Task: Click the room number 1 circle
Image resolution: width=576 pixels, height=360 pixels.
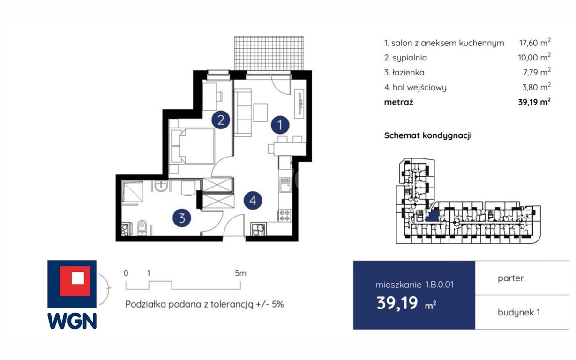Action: (280, 125)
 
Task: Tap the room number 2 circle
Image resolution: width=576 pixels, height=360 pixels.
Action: (221, 120)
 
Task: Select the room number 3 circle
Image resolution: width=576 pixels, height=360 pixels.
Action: (182, 218)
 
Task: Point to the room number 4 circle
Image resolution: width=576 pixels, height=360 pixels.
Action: (253, 200)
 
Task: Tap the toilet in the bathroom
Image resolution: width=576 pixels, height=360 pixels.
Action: (142, 227)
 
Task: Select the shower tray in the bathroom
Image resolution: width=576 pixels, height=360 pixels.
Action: (132, 192)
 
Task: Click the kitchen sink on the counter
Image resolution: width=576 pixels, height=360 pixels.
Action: (285, 185)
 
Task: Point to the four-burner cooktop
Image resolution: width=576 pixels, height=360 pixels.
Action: (284, 216)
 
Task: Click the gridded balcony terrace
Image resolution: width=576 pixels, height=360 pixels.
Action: (269, 53)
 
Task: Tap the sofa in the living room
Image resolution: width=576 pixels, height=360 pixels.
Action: (243, 112)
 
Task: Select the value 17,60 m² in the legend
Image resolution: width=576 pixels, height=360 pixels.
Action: (535, 43)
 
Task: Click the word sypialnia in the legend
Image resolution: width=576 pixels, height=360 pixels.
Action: (410, 58)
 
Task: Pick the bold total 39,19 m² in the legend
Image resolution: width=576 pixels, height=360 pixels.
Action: (534, 102)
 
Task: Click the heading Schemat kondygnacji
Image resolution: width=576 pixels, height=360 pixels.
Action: (428, 135)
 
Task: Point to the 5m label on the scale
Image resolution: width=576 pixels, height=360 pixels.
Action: (240, 273)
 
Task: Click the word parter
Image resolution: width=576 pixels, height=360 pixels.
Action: (510, 278)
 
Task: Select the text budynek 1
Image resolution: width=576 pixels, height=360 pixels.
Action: (519, 313)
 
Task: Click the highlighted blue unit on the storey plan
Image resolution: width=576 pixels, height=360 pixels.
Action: (433, 216)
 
